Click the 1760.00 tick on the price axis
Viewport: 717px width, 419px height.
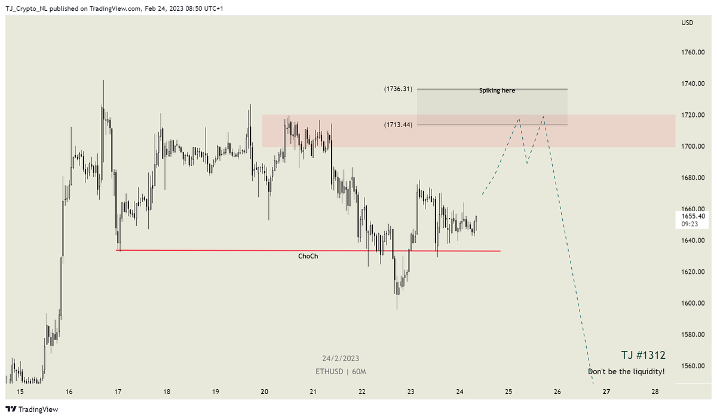coord(693,52)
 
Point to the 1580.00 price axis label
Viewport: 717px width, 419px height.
coord(693,334)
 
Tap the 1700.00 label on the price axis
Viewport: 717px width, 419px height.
coord(693,146)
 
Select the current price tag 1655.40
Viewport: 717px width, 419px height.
coord(693,216)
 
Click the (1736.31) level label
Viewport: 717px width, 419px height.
coord(398,89)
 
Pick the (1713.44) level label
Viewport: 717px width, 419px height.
coord(398,125)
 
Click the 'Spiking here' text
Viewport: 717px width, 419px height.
coord(497,91)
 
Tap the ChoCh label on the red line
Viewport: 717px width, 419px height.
coord(308,256)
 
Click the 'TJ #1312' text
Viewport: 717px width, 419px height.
coord(642,355)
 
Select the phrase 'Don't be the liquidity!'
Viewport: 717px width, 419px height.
coord(626,372)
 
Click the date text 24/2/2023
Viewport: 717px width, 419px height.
coord(341,359)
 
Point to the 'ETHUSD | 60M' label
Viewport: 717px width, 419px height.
coord(341,371)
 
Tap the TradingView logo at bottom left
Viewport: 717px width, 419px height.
coord(32,409)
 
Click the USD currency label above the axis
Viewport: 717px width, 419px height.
coord(687,23)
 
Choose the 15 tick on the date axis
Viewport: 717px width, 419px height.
coord(20,392)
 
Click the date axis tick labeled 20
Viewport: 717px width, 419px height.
coord(264,392)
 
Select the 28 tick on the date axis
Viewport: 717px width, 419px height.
coord(655,392)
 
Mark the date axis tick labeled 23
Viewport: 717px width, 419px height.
coord(411,392)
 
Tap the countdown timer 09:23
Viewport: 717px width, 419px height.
coord(693,224)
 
